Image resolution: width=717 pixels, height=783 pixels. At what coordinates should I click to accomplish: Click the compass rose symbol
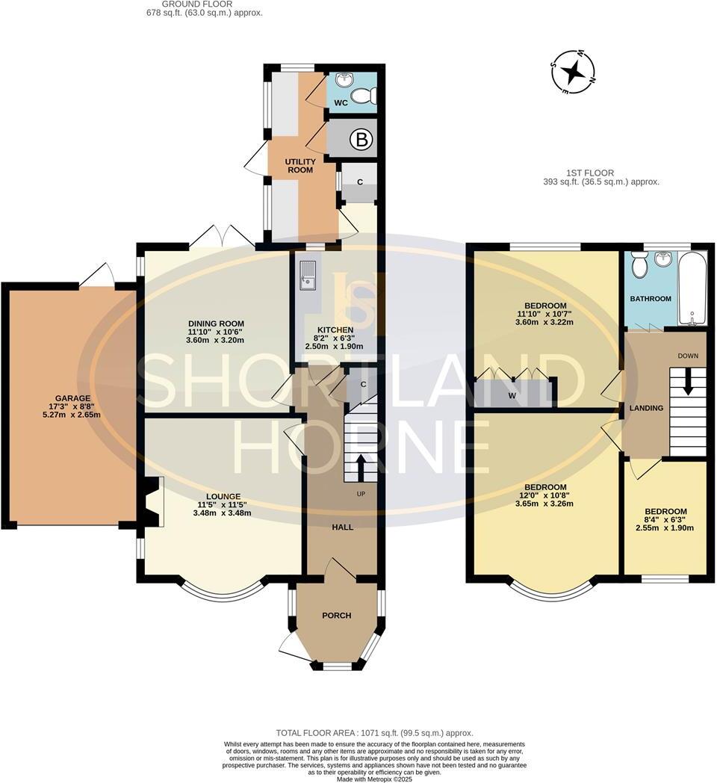[x=574, y=72]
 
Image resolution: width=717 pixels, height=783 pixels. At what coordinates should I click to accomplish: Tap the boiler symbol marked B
[x=361, y=140]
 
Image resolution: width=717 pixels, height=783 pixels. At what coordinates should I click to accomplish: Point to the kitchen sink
[x=308, y=275]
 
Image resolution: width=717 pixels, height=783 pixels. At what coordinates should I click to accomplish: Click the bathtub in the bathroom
[x=692, y=289]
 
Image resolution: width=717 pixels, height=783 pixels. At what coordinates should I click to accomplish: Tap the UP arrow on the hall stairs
[x=361, y=467]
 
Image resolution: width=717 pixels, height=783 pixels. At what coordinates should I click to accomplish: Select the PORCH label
[x=337, y=615]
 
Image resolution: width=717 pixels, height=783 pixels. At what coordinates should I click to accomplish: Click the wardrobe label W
[x=512, y=395]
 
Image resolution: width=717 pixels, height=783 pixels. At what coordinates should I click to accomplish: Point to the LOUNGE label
[x=223, y=496]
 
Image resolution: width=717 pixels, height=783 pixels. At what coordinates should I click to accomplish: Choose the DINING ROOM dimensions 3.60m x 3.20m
[x=216, y=340]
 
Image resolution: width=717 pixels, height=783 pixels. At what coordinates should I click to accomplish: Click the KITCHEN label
[x=335, y=329]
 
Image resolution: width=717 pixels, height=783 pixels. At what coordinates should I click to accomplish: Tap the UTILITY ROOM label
[x=300, y=166]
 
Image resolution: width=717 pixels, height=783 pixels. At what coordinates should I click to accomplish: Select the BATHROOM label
[x=651, y=299]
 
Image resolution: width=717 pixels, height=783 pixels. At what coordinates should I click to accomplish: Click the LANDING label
[x=646, y=408]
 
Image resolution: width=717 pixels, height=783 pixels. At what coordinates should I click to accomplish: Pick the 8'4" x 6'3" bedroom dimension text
[x=666, y=519]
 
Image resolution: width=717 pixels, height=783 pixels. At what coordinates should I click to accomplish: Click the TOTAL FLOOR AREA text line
[x=374, y=733]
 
